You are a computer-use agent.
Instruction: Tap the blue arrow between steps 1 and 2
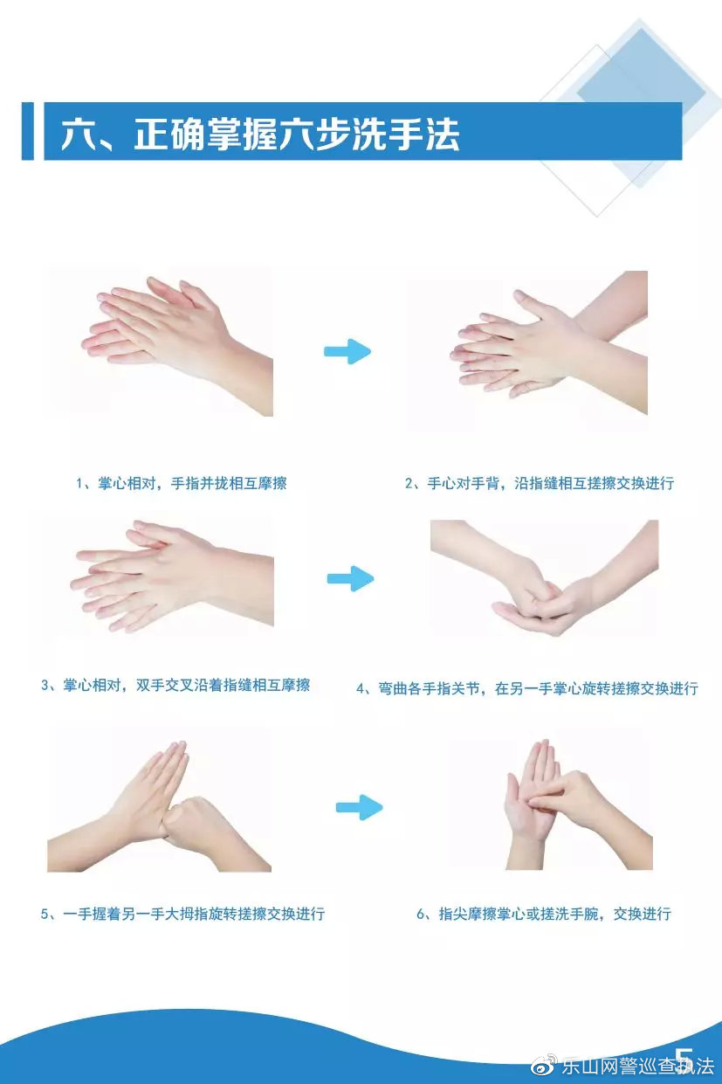tap(347, 351)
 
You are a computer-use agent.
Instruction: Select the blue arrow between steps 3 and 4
tap(351, 578)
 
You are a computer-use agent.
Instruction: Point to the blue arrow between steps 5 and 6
tap(360, 807)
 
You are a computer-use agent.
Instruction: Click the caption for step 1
tap(182, 483)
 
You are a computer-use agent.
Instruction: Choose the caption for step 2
tap(540, 483)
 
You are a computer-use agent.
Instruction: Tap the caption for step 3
tap(175, 685)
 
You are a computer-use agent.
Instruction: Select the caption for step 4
tap(527, 688)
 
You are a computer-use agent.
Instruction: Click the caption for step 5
tap(182, 915)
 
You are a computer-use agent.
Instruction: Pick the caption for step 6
tap(544, 915)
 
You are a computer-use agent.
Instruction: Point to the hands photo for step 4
tap(545, 577)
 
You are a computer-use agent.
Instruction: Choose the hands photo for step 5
tap(159, 805)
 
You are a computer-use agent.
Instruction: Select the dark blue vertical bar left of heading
tap(28, 131)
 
